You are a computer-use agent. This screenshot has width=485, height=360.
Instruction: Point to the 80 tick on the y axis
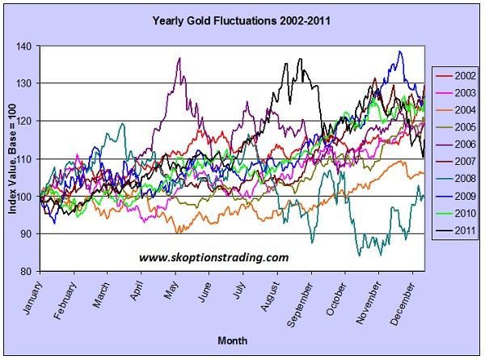point(29,271)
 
